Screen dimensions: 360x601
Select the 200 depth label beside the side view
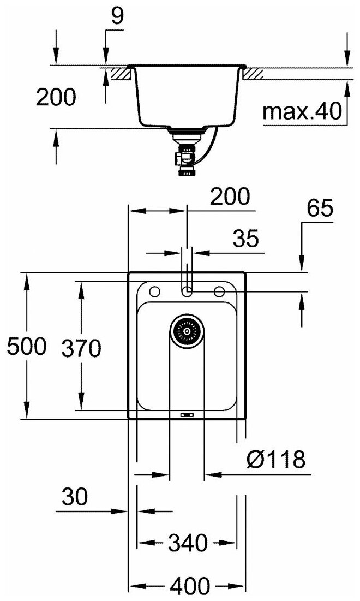click(56, 98)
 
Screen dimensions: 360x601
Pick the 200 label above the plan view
click(229, 196)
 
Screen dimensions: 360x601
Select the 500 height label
click(26, 347)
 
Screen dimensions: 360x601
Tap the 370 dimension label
click(81, 348)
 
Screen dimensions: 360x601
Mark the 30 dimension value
click(75, 497)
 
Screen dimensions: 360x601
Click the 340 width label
click(188, 543)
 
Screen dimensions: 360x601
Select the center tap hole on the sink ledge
click(187, 290)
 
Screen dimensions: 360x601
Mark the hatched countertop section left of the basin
click(120, 73)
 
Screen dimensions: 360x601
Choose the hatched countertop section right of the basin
click(254, 73)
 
